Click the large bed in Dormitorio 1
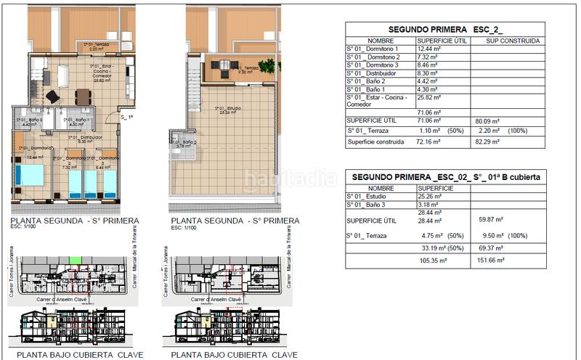coord(30,175)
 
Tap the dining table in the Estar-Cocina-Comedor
coord(81,96)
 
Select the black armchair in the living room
coord(53,96)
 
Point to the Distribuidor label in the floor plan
coord(84,139)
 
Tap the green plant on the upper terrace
coord(269,66)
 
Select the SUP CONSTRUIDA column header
coord(508,41)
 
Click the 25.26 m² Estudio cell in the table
coord(430,196)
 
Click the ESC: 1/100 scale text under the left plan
coord(27,227)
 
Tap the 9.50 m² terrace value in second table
coord(492,236)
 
